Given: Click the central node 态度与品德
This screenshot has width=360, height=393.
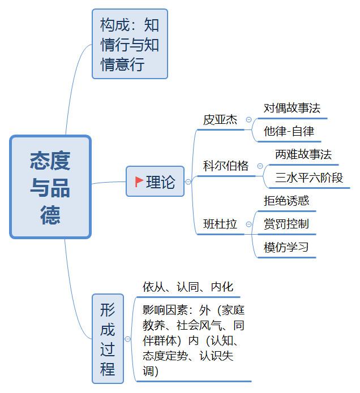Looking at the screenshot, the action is click(50, 187).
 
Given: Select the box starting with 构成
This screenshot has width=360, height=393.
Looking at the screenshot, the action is click(130, 44).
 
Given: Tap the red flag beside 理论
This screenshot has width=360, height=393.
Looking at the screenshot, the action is click(139, 182).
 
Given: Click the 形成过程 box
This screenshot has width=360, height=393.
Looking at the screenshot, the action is click(108, 339).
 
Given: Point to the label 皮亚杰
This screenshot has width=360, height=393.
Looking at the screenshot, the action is click(220, 120).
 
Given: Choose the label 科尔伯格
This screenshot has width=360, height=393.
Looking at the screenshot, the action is click(225, 166).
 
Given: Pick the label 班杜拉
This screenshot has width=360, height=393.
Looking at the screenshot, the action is click(220, 224).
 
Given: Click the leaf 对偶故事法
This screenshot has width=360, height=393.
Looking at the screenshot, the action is click(292, 108).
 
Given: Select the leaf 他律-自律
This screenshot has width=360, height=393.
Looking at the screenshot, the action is click(289, 131).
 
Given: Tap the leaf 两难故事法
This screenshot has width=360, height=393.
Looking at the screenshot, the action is click(303, 154).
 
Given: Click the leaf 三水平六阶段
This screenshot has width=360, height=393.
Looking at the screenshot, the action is click(309, 178).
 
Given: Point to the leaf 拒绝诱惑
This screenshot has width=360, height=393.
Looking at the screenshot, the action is click(286, 201).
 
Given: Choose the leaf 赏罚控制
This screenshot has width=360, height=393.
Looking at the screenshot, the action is click(286, 224).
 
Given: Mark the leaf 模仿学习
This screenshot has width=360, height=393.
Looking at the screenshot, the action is click(286, 247).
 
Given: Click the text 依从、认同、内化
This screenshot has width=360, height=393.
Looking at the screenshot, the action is click(188, 287).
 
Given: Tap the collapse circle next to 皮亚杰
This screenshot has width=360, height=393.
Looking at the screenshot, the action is click(248, 119).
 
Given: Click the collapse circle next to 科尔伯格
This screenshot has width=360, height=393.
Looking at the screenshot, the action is click(260, 166).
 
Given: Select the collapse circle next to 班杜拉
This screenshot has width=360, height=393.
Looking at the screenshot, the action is click(248, 224).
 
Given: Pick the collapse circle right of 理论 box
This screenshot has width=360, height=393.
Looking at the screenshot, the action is click(188, 182).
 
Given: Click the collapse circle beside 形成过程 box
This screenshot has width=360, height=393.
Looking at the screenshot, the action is click(128, 339).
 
